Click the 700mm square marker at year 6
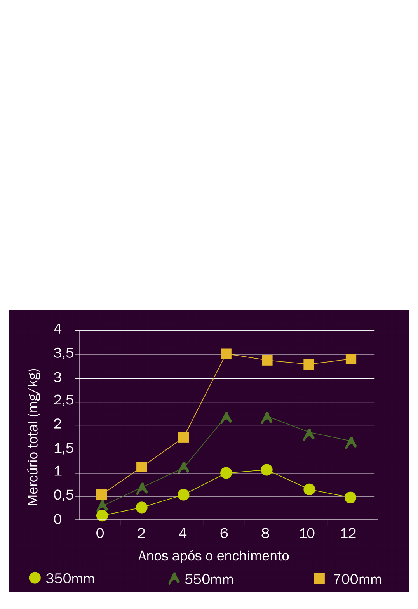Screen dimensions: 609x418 pos(226,354)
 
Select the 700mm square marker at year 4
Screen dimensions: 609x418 pos(183,437)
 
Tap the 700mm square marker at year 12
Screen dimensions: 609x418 pos(351,359)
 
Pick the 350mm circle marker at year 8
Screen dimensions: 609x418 pos(266,470)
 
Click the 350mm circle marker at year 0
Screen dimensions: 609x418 pos(102,515)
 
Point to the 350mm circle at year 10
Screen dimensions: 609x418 pos(309,489)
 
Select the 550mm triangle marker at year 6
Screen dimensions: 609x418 pos(226,418)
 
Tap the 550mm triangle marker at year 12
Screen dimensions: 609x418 pos(351,442)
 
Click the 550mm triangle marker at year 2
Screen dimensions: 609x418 pos(142,488)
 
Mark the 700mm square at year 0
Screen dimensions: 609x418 pos(101,494)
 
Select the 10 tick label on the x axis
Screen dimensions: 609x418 pos(307,533)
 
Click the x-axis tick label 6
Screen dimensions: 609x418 pos(224,533)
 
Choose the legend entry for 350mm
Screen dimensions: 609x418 pos(62,578)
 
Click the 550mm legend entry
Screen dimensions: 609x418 pos(201,579)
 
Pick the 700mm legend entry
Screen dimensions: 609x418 pos(348,579)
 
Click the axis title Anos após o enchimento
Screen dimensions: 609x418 pos(214,556)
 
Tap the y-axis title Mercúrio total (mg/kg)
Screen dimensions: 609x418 pos(33,437)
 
